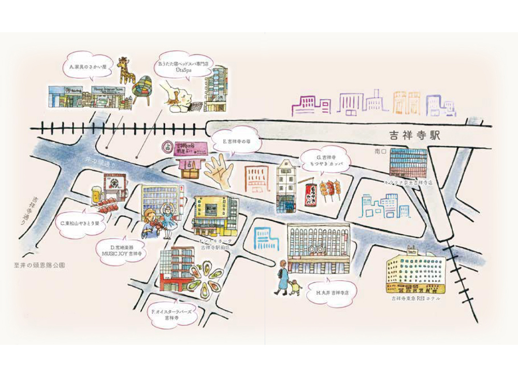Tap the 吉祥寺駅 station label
click(x=414, y=136)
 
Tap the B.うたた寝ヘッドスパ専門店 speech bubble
click(x=183, y=65)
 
